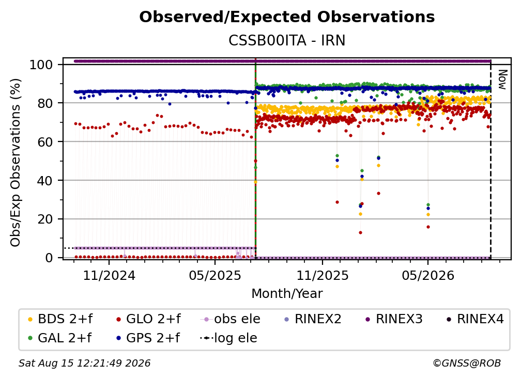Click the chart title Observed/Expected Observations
pyautogui.click(x=287, y=17)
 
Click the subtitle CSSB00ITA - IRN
pyautogui.click(x=287, y=41)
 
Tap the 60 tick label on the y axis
pyautogui.click(x=45, y=142)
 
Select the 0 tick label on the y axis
pyautogui.click(x=49, y=258)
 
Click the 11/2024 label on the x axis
pyautogui.click(x=109, y=276)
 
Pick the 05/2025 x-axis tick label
pyautogui.click(x=215, y=276)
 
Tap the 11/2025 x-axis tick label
pyautogui.click(x=323, y=276)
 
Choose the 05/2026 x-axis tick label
pyautogui.click(x=428, y=276)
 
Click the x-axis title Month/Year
pyautogui.click(x=287, y=294)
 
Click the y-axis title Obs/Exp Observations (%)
pyautogui.click(x=16, y=163)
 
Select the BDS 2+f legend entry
pyautogui.click(x=60, y=319)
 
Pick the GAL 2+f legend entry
pyautogui.click(x=59, y=338)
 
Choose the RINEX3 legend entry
pyautogui.click(x=394, y=319)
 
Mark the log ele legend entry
pyautogui.click(x=228, y=338)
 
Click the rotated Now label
pyautogui.click(x=502, y=80)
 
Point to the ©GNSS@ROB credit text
pyautogui.click(x=467, y=364)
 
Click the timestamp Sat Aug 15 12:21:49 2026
pyautogui.click(x=84, y=364)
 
